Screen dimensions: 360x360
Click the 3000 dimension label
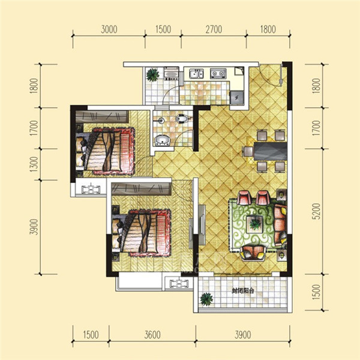coord(109,29)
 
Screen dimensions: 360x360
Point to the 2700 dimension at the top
coord(214,29)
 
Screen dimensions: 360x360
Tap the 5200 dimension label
coord(316,211)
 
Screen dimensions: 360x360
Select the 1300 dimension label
coord(34,164)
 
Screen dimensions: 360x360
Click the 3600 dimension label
coord(152,335)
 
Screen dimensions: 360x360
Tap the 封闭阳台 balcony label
coord(243,291)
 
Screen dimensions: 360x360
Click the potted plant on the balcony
coord(206,299)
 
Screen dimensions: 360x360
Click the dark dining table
coord(270,151)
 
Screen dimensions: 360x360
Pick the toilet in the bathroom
coord(182,118)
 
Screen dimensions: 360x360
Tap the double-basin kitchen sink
coord(196,73)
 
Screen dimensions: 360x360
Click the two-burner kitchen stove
coord(218,73)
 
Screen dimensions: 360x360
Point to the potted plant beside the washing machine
coord(152,75)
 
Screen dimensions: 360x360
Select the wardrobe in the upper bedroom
coord(102,116)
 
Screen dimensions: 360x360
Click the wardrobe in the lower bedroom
coord(141,189)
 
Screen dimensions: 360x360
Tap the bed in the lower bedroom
coord(141,232)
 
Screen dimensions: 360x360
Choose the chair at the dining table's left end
coord(248,152)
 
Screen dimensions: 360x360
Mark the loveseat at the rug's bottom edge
coord(253,253)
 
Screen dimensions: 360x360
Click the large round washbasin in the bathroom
coord(163,140)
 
